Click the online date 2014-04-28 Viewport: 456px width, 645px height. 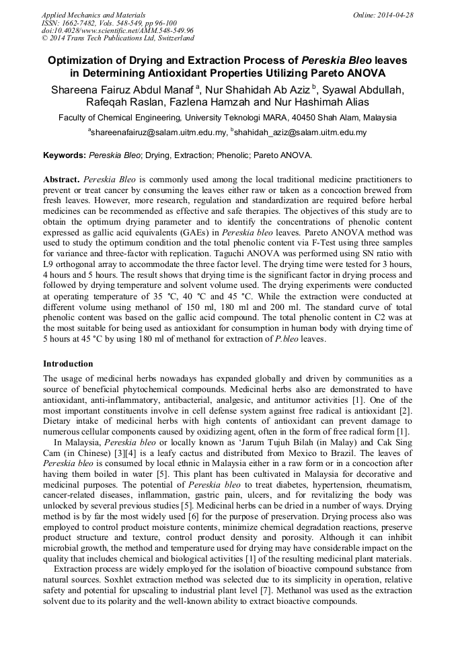(x=395, y=15)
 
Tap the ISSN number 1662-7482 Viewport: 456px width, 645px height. (x=79, y=23)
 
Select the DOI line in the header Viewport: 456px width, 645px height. (x=117, y=31)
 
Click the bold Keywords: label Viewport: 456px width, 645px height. (x=65, y=155)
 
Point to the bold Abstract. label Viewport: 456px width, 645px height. (x=62, y=180)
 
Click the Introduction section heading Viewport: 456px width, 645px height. (x=68, y=364)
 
